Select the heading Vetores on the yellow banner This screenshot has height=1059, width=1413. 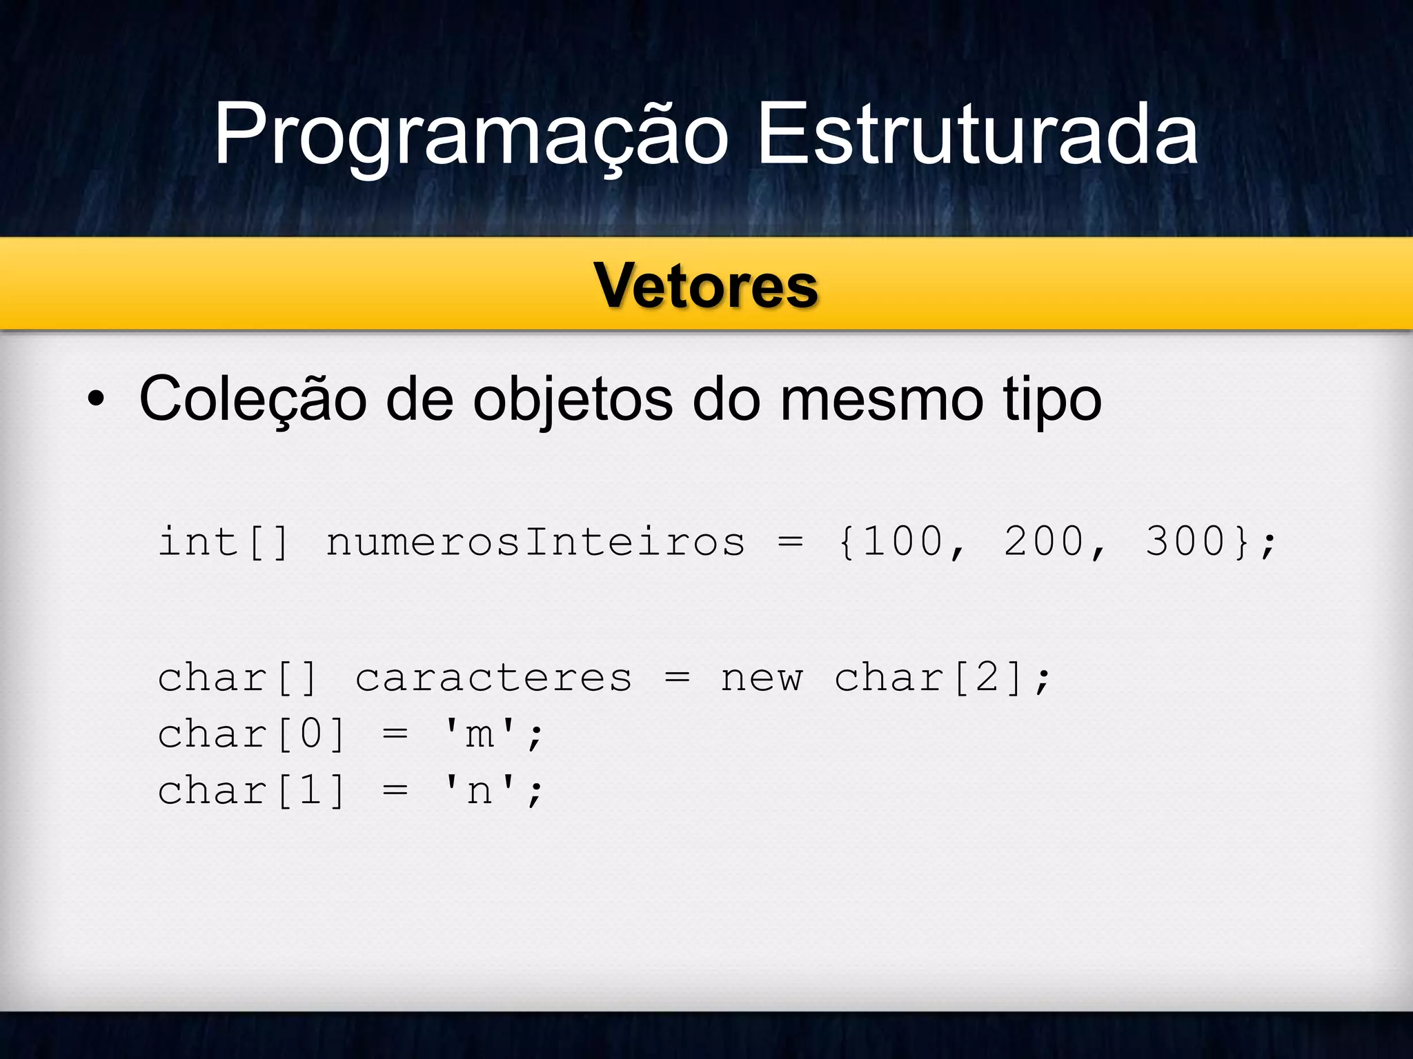tap(706, 285)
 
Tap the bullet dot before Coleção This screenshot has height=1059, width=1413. tap(96, 400)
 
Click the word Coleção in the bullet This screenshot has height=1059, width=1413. tap(253, 400)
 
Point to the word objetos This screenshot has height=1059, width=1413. tap(572, 400)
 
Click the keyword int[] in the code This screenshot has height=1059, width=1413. tap(224, 542)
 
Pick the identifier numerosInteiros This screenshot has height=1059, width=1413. tap(535, 542)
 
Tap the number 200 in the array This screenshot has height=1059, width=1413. tap(1043, 542)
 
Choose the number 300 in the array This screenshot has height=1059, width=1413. tap(1185, 542)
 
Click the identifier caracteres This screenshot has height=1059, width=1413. tap(493, 678)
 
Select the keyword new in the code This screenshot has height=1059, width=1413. tap(762, 678)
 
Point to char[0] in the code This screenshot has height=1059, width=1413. tap(251, 734)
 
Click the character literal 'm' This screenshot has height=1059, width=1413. tap(480, 734)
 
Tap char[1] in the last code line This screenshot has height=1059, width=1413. tap(251, 791)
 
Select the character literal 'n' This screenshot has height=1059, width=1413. tap(480, 791)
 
